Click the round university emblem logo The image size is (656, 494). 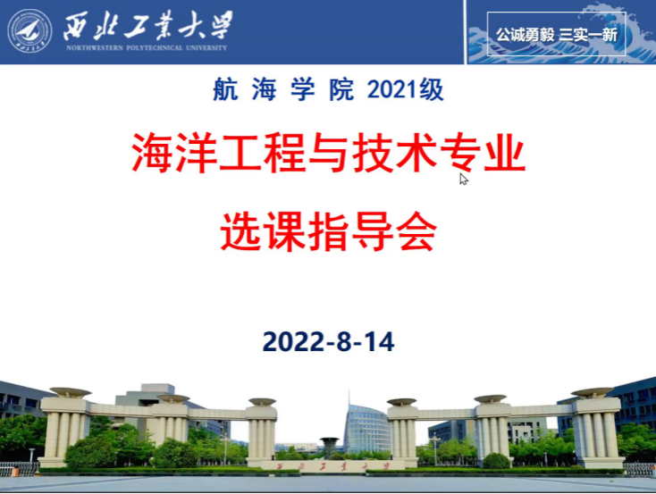(x=29, y=31)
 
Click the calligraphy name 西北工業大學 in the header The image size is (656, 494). (x=147, y=26)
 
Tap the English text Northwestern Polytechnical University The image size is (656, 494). (x=147, y=47)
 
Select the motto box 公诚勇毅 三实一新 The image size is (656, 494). (x=557, y=34)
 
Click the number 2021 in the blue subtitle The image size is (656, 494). (x=393, y=89)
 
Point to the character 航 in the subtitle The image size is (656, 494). (x=225, y=89)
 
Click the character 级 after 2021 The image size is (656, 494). (x=432, y=89)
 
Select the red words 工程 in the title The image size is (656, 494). (x=262, y=152)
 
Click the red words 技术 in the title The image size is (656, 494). (x=394, y=152)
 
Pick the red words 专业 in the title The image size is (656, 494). (x=483, y=152)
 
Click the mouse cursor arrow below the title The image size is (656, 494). (x=464, y=179)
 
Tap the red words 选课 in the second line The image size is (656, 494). (x=263, y=231)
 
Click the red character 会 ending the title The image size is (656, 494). (x=416, y=231)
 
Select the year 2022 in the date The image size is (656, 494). (x=294, y=342)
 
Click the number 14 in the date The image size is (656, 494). (x=379, y=342)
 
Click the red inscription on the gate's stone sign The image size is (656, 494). (x=333, y=466)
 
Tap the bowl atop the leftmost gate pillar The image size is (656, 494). (x=71, y=392)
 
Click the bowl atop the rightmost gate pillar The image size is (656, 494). (x=593, y=392)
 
